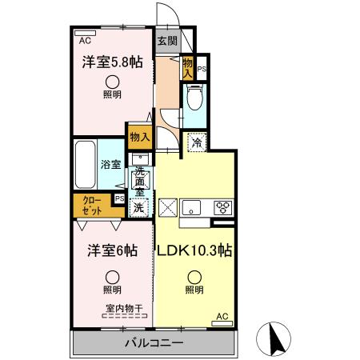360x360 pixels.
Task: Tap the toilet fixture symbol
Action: point(194,99)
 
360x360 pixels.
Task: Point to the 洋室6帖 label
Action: point(112,250)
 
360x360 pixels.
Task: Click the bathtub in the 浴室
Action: point(86,165)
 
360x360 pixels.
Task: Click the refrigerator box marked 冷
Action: point(196,145)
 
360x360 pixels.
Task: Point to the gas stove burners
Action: point(223,207)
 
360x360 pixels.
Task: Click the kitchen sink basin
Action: point(192,207)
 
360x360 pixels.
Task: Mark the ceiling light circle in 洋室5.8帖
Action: point(113,81)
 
